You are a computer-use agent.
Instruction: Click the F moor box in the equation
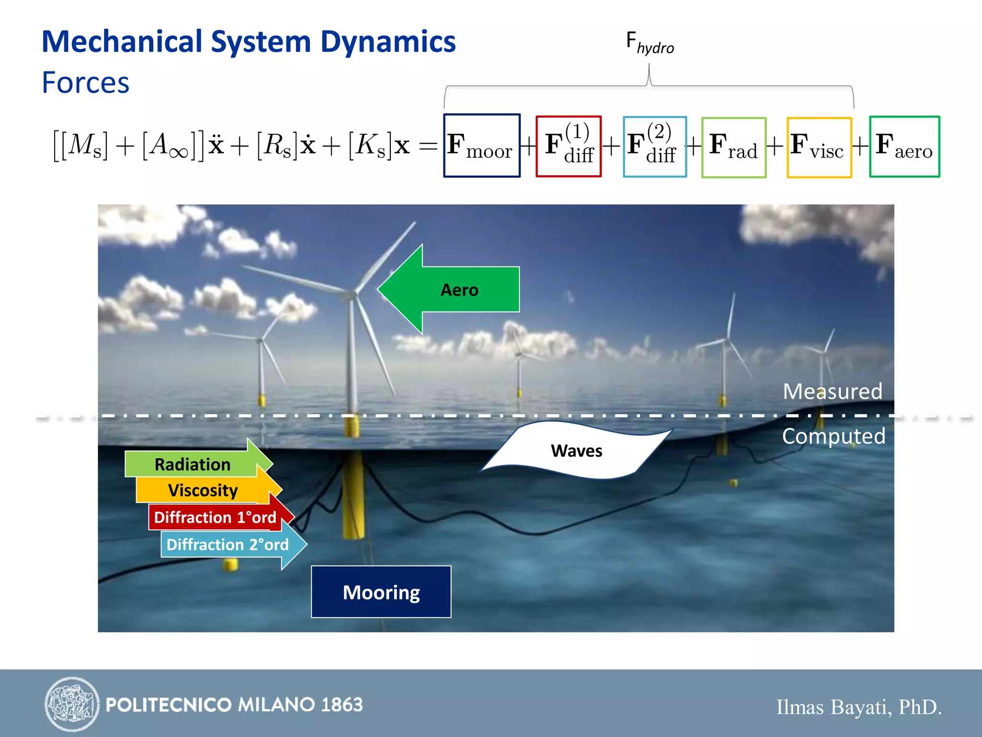(481, 145)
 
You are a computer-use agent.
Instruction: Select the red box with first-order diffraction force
(568, 146)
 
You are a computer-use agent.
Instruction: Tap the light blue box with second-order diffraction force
(655, 146)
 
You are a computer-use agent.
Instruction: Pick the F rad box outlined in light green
(734, 147)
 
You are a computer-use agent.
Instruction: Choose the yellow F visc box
(819, 147)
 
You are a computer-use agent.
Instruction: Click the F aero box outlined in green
(904, 146)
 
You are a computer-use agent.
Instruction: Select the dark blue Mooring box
(381, 592)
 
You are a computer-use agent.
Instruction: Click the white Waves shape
(576, 451)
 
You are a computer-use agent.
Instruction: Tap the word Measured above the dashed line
(832, 391)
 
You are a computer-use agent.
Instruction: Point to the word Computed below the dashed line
(833, 436)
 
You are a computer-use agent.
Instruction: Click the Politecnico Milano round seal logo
(72, 704)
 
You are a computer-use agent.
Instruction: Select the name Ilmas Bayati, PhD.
(858, 707)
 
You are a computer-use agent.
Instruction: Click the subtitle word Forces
(85, 83)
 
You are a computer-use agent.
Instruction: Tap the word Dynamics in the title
(387, 42)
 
